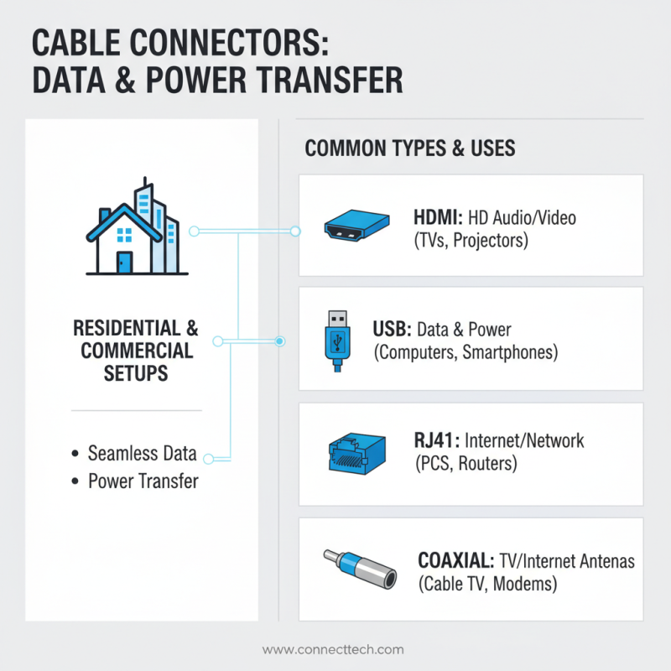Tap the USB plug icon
[338, 341]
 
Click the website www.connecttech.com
[333, 649]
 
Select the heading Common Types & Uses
[409, 149]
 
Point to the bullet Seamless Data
[142, 454]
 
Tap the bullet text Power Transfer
[143, 481]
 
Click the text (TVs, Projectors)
[470, 241]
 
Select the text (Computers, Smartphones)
[466, 352]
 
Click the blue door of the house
[124, 262]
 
